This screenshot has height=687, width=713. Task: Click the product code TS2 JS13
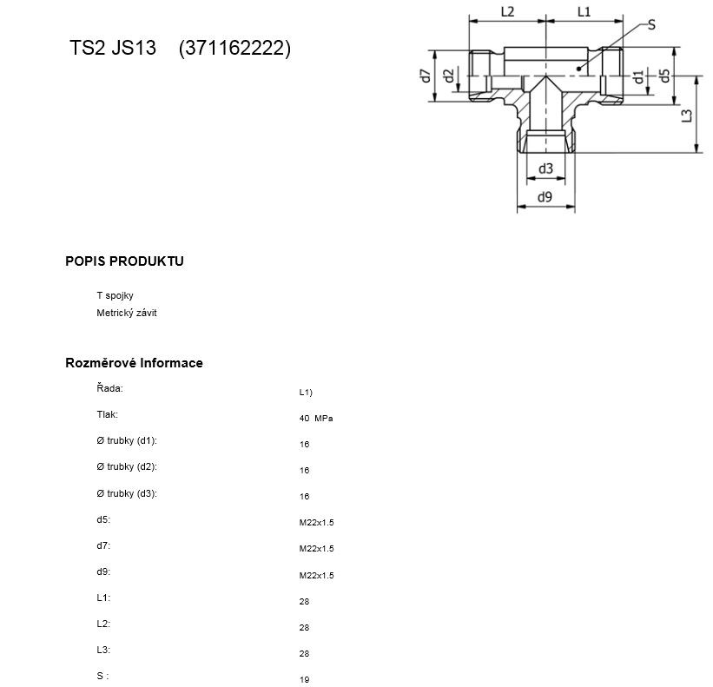(113, 48)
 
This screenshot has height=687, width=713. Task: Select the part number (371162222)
(234, 48)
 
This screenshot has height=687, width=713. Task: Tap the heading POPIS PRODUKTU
(124, 261)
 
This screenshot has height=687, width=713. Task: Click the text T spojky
(115, 295)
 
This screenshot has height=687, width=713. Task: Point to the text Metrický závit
(127, 313)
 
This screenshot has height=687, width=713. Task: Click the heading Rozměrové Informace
(134, 363)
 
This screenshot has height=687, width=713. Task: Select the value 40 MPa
(316, 419)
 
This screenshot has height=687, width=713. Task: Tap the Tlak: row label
(108, 414)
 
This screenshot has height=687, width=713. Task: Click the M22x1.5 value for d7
(316, 549)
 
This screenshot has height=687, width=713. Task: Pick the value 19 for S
(305, 679)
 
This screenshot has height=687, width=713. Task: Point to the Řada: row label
(109, 388)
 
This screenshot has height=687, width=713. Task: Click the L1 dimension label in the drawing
(584, 12)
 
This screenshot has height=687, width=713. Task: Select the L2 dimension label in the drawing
(507, 12)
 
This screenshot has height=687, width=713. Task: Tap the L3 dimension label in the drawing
(687, 116)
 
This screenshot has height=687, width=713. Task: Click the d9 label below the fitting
(545, 197)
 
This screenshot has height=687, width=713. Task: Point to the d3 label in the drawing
(545, 168)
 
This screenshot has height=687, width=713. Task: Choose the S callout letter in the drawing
(651, 24)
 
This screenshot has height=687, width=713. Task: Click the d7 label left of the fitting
(426, 76)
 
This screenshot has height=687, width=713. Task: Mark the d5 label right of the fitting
(664, 76)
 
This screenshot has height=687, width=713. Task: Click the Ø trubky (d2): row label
(127, 466)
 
